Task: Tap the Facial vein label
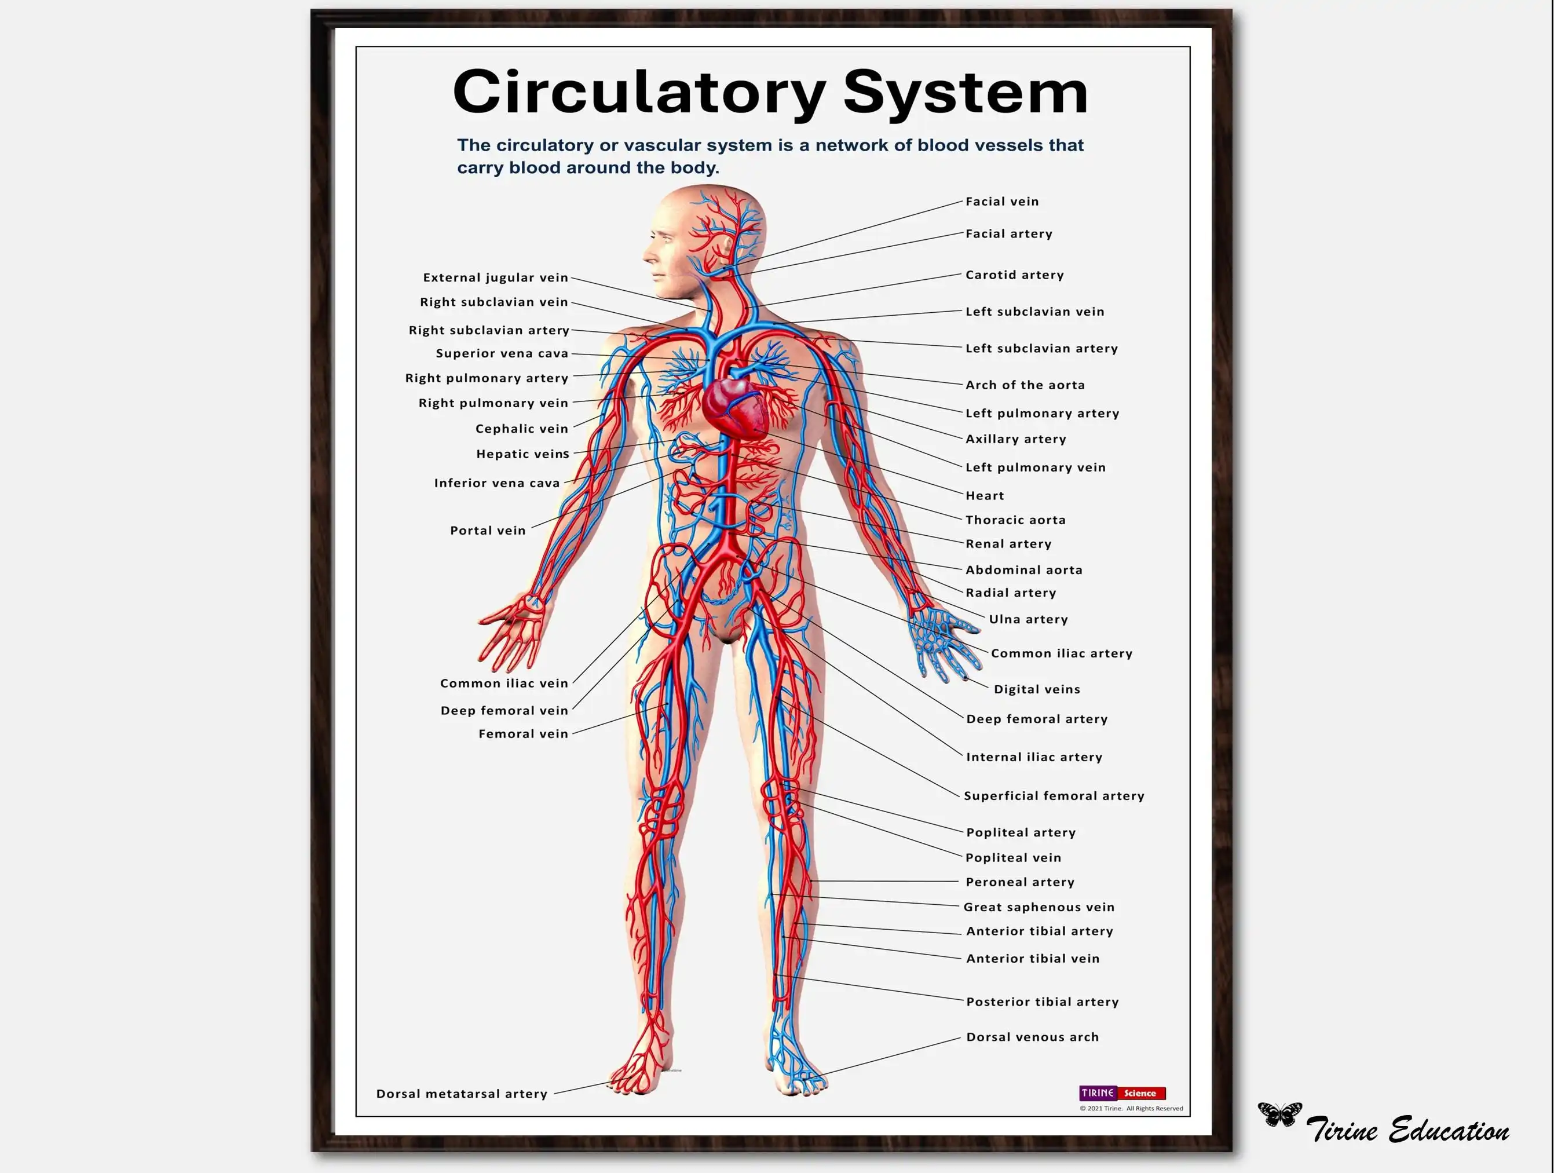[1002, 202]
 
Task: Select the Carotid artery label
[1014, 275]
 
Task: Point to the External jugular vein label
[495, 277]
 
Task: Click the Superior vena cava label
[502, 353]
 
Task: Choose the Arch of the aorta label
[1025, 385]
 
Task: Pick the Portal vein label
[488, 530]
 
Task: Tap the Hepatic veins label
[522, 454]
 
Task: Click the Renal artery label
[1008, 544]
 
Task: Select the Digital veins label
[1037, 689]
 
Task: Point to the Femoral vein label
[524, 733]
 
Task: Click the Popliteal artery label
[1021, 832]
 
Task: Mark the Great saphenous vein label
[1039, 907]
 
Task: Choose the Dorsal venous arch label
[1032, 1037]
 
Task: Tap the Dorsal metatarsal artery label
[462, 1094]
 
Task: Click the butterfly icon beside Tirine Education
[1279, 1114]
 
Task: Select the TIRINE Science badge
[1122, 1093]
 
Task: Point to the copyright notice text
[1131, 1108]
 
